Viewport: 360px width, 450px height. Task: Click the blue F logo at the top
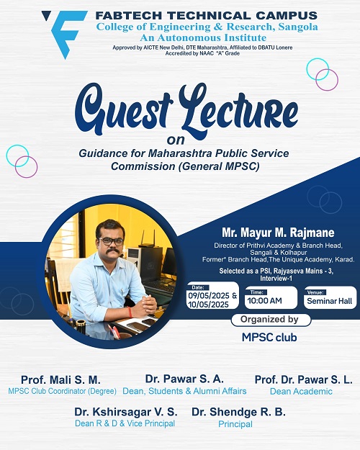(65, 34)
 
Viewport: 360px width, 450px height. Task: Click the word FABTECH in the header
(129, 16)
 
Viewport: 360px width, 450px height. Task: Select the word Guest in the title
(124, 109)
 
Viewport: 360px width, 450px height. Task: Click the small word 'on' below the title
(176, 140)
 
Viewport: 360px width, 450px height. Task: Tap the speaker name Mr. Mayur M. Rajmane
(278, 233)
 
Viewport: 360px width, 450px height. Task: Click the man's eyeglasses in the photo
(111, 241)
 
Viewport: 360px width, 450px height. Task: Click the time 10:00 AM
(265, 301)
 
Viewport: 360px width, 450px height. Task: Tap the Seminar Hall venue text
(330, 301)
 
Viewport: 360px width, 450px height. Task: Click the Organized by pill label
(271, 320)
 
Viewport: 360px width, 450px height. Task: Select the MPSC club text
(269, 338)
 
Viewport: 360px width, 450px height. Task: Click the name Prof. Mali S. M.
(61, 380)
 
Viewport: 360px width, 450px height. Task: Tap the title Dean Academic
(301, 392)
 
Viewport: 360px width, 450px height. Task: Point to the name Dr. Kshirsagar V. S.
(126, 412)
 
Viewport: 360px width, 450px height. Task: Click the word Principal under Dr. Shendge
(235, 424)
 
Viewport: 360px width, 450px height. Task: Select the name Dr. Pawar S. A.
(184, 379)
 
